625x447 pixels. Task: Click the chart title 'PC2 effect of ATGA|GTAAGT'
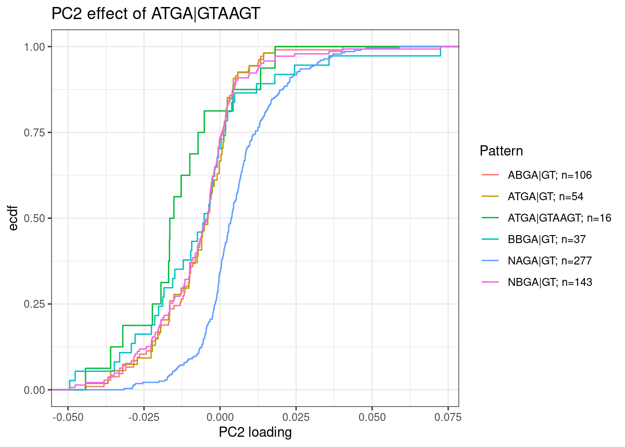156,14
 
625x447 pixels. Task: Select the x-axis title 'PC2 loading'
255,433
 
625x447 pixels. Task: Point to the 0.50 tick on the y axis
34,218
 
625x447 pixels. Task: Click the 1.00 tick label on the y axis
34,47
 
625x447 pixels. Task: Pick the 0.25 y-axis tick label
34,304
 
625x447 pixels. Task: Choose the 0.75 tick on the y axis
34,133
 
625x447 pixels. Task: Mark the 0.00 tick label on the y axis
34,390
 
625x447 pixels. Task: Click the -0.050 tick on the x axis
68,417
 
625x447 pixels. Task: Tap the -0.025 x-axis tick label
144,417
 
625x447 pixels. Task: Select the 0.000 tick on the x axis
220,417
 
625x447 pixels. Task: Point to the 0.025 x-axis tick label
296,417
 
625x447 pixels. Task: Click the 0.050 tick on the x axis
372,417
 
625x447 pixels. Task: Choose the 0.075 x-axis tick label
448,417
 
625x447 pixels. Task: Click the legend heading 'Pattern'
501,151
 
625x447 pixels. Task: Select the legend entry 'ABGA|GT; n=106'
550,175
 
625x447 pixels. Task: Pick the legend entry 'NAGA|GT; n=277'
550,261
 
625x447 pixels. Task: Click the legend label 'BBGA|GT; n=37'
547,239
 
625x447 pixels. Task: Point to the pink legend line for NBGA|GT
490,282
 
